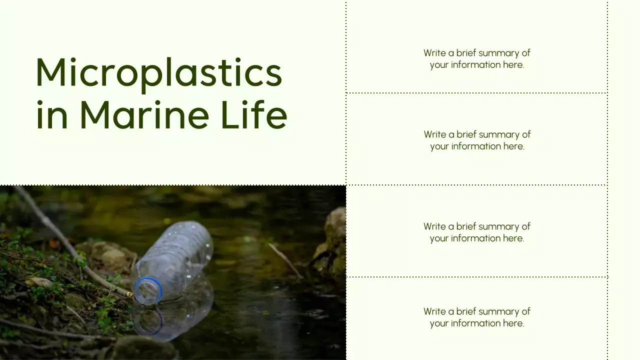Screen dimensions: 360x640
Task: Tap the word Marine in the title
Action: (144, 114)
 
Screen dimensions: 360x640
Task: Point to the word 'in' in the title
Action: (52, 114)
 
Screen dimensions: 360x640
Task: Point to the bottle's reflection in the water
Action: (170, 315)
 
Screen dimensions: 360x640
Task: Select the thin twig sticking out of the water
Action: (285, 260)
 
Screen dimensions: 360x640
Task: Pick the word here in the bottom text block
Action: (513, 323)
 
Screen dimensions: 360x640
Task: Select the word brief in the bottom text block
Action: (466, 311)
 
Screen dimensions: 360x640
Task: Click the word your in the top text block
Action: (439, 65)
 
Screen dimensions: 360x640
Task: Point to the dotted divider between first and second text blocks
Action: (476, 93)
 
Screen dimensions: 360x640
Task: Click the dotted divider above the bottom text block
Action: (476, 276)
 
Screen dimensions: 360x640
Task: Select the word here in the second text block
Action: (513, 146)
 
